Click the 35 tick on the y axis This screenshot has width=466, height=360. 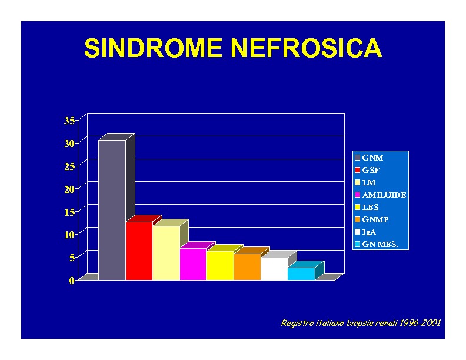(x=69, y=121)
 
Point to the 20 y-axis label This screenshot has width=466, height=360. (x=69, y=189)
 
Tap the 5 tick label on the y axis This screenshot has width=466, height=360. (x=72, y=258)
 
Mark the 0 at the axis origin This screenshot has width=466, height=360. (x=72, y=281)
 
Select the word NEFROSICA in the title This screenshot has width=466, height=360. (x=307, y=48)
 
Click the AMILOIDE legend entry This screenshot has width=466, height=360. (x=381, y=195)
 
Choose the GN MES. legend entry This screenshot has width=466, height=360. (x=377, y=244)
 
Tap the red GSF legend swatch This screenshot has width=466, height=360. (x=358, y=170)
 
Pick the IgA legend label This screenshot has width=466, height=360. (x=369, y=232)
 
